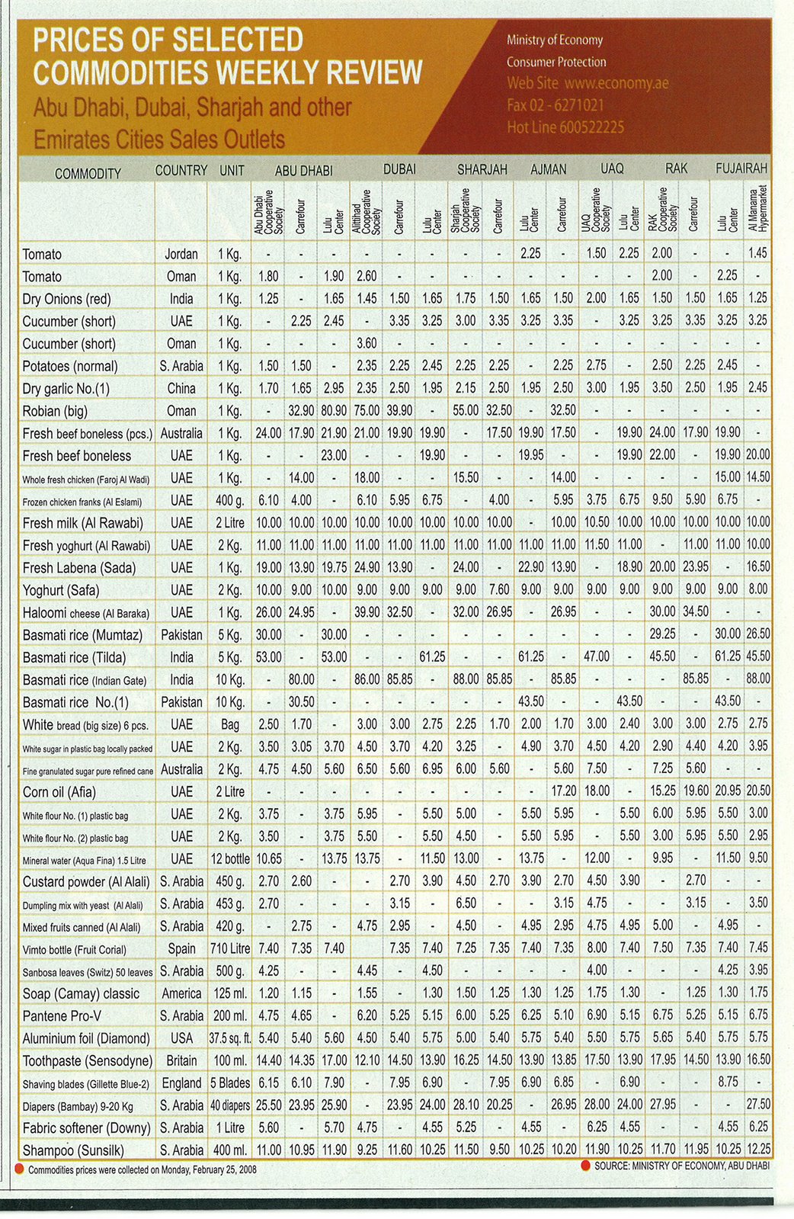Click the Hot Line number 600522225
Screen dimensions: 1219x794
coord(591,127)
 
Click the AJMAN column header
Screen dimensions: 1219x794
coord(548,169)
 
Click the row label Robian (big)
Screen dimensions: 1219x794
coord(55,412)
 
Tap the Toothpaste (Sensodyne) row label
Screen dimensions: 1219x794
coord(88,1061)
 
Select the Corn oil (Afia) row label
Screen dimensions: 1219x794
coord(59,792)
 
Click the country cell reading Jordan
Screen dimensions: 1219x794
coord(181,254)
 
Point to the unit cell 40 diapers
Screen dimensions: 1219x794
coord(232,1105)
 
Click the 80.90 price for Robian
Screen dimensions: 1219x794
coord(334,411)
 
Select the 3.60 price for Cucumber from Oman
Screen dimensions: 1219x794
coord(367,344)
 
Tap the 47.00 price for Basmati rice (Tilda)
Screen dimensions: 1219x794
coord(597,656)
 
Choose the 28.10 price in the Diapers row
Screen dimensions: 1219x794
coord(466,1105)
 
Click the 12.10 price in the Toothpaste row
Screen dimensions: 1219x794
coord(367,1060)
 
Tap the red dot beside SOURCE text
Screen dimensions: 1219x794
coord(585,1165)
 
